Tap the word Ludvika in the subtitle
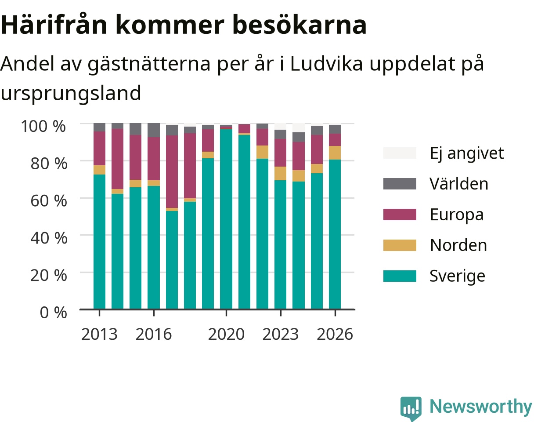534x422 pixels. pyautogui.click(x=326, y=64)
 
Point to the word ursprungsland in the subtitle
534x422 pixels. pyautogui.click(x=71, y=93)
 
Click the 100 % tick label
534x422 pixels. pyautogui.click(x=43, y=126)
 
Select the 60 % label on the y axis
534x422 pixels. pyautogui.click(x=49, y=201)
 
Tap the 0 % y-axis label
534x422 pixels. pyautogui.click(x=53, y=313)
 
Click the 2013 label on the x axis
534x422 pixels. pyautogui.click(x=99, y=334)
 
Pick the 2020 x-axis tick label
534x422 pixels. pyautogui.click(x=226, y=334)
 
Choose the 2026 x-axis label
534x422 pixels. pyautogui.click(x=335, y=334)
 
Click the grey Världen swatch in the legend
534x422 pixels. pyautogui.click(x=400, y=184)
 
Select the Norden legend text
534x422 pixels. pyautogui.click(x=458, y=245)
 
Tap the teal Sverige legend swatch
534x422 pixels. pyautogui.click(x=400, y=276)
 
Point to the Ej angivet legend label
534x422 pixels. pyautogui.click(x=467, y=153)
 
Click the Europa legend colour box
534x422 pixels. pyautogui.click(x=400, y=215)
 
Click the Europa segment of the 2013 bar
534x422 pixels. pyautogui.click(x=100, y=148)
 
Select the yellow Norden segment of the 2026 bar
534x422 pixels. pyautogui.click(x=335, y=153)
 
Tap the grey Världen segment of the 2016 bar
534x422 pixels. pyautogui.click(x=154, y=130)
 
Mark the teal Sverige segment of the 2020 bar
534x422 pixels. pyautogui.click(x=226, y=219)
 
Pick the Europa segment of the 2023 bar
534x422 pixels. pyautogui.click(x=281, y=153)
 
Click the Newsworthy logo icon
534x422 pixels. pyautogui.click(x=411, y=407)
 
